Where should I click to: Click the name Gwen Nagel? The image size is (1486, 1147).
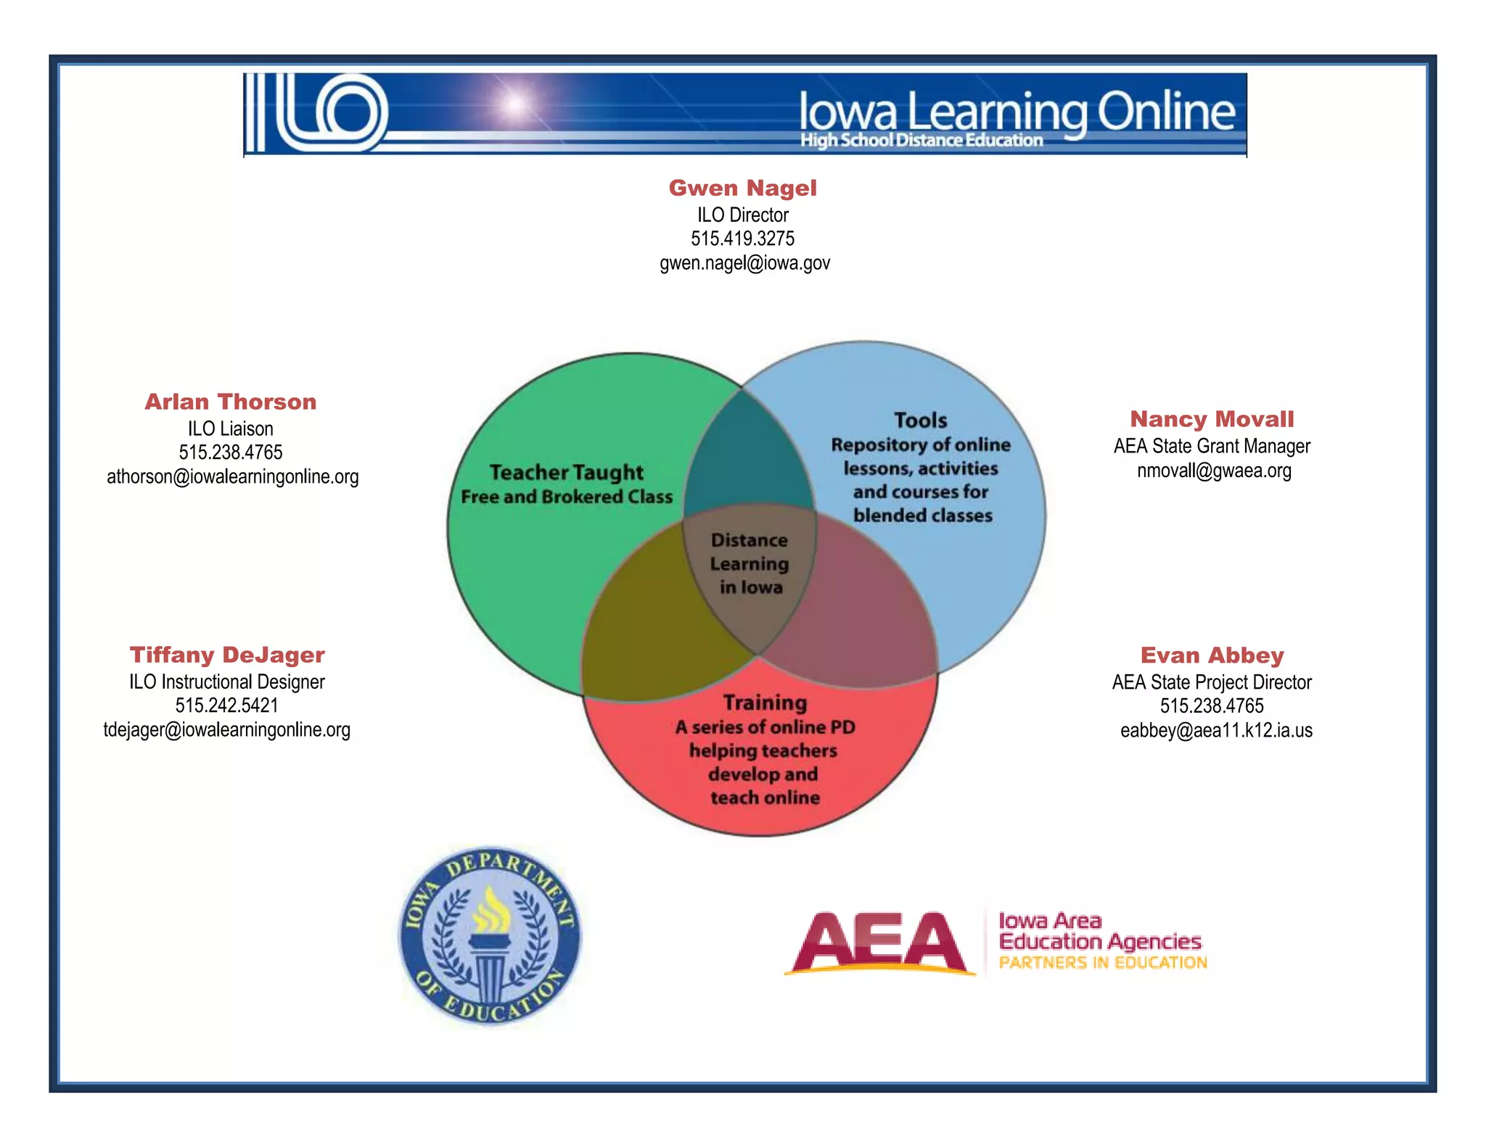point(742,188)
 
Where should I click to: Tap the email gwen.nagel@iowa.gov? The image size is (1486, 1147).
point(744,262)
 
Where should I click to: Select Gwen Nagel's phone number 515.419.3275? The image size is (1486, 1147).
point(742,239)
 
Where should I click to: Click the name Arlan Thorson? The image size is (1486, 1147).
point(230,402)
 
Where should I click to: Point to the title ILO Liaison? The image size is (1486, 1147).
point(230,428)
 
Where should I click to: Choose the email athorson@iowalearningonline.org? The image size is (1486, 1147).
point(232,476)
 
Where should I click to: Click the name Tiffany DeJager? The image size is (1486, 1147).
point(227,655)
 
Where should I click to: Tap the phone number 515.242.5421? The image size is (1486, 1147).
point(226,705)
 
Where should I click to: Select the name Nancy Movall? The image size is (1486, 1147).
point(1212,419)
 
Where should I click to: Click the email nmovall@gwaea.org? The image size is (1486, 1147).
point(1214,471)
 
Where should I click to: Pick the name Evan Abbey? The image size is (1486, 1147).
point(1212,655)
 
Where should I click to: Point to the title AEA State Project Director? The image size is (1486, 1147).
point(1212,682)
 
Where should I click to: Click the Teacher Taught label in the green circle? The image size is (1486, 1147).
point(566,473)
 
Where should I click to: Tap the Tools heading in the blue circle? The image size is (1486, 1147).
point(920,421)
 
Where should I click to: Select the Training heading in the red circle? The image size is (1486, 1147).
point(765,703)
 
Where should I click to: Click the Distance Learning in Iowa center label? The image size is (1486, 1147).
point(750,563)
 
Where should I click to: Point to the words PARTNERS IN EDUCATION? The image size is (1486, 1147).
point(1102,963)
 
